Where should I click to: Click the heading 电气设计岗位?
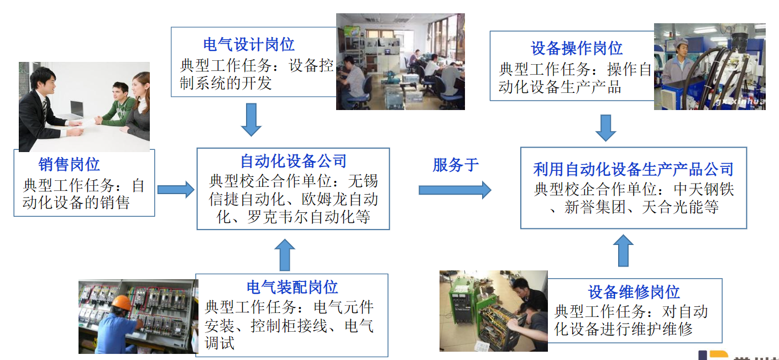[x=249, y=45]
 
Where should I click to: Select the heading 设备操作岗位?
[x=576, y=48]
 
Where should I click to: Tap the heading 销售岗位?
[x=69, y=164]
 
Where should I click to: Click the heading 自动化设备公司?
[x=293, y=161]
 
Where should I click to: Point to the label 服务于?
[x=456, y=165]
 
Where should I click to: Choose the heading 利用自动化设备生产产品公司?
[x=633, y=169]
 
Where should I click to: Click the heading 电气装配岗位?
[x=292, y=288]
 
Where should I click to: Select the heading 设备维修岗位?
[x=634, y=292]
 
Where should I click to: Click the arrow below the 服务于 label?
[x=455, y=190]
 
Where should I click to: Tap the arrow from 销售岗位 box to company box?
[x=176, y=190]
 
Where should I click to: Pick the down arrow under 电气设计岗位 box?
[x=251, y=119]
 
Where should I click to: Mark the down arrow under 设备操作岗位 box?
[x=605, y=128]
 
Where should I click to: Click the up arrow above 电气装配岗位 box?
[x=285, y=254]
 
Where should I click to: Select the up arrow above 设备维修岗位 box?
[x=623, y=251]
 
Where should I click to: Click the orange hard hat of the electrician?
[x=122, y=303]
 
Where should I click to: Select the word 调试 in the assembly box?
[x=219, y=343]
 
